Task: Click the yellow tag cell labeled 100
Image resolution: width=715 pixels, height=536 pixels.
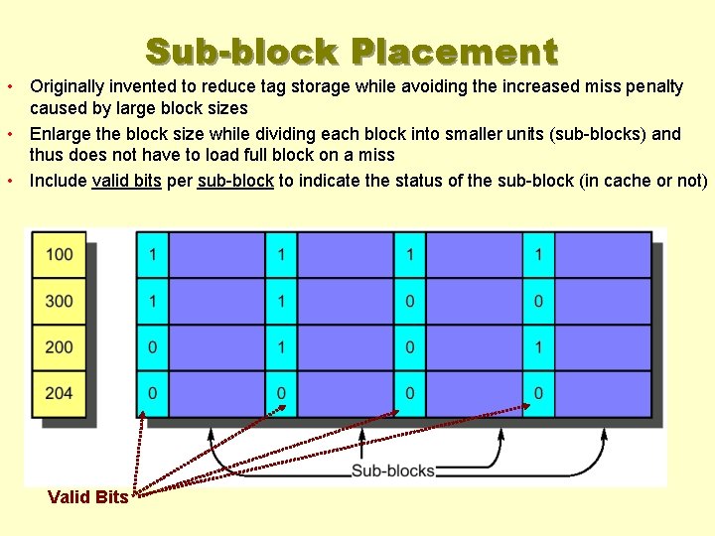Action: click(x=60, y=255)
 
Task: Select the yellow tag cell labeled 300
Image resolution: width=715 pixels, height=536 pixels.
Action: click(x=60, y=301)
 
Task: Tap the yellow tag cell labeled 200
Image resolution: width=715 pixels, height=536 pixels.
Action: click(x=60, y=347)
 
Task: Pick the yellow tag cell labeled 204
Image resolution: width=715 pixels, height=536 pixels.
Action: click(x=60, y=393)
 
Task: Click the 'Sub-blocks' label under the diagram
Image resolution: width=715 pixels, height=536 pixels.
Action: click(x=393, y=470)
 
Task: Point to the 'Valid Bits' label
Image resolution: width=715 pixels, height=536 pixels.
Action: click(x=87, y=497)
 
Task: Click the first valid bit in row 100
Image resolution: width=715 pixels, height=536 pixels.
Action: click(x=152, y=255)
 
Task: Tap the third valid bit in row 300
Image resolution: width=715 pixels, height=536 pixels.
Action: click(x=409, y=301)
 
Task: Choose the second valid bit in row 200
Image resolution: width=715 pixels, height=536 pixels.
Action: click(x=281, y=347)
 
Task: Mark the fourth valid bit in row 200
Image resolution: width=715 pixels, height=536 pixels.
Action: click(x=538, y=347)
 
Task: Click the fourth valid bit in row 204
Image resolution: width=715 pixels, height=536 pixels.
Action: click(x=538, y=393)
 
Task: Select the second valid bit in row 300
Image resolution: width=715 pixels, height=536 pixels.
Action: click(x=281, y=301)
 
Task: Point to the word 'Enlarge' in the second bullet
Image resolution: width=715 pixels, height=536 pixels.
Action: click(x=59, y=134)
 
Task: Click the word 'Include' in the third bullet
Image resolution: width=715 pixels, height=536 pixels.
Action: click(x=58, y=181)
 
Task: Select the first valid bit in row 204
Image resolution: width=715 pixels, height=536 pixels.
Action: click(x=152, y=393)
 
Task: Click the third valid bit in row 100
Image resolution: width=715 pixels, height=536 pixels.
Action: click(x=409, y=255)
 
